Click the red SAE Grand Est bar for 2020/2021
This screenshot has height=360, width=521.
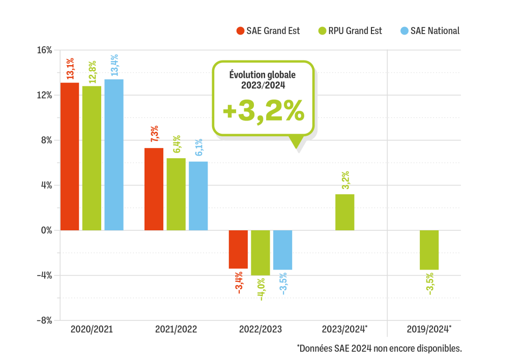pyautogui.click(x=70, y=156)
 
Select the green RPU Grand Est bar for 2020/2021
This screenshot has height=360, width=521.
pyautogui.click(x=92, y=158)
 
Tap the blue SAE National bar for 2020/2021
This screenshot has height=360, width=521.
pyautogui.click(x=114, y=155)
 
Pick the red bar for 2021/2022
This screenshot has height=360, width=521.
pyautogui.click(x=154, y=189)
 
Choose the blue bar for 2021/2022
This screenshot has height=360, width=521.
pyautogui.click(x=198, y=196)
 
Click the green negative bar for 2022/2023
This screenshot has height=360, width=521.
pyautogui.click(x=260, y=253)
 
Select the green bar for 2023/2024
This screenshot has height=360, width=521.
pyautogui.click(x=344, y=212)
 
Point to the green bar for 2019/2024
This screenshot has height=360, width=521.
pyautogui.click(x=429, y=250)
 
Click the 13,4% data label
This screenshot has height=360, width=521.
pyautogui.click(x=114, y=66)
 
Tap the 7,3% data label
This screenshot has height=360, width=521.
pyautogui.click(x=154, y=135)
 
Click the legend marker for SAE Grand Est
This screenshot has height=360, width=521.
pyautogui.click(x=241, y=31)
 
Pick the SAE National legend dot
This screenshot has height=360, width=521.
pyautogui.click(x=404, y=31)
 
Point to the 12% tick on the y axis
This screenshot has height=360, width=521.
pyautogui.click(x=45, y=95)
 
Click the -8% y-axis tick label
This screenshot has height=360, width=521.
pyautogui.click(x=44, y=320)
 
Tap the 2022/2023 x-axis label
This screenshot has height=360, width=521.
pyautogui.click(x=260, y=329)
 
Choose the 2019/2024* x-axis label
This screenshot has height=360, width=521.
pyautogui.click(x=429, y=329)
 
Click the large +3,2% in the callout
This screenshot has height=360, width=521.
pyautogui.click(x=263, y=111)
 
